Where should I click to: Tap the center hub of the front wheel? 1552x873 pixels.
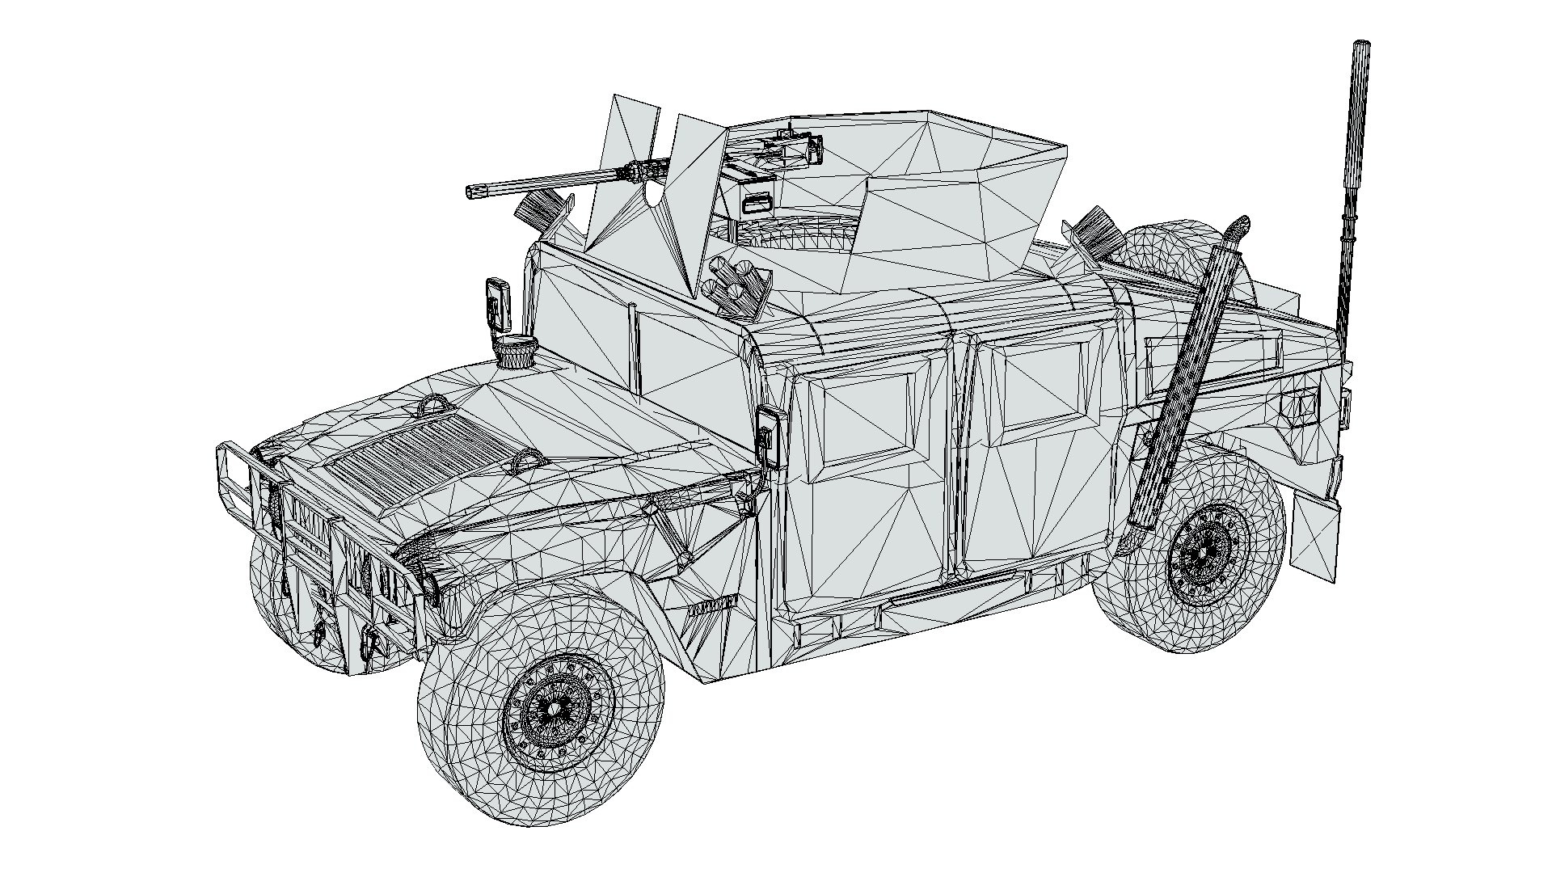[x=555, y=709]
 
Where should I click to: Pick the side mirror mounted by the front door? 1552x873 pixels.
[x=770, y=436]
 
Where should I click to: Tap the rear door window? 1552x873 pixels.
[x=1043, y=388]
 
